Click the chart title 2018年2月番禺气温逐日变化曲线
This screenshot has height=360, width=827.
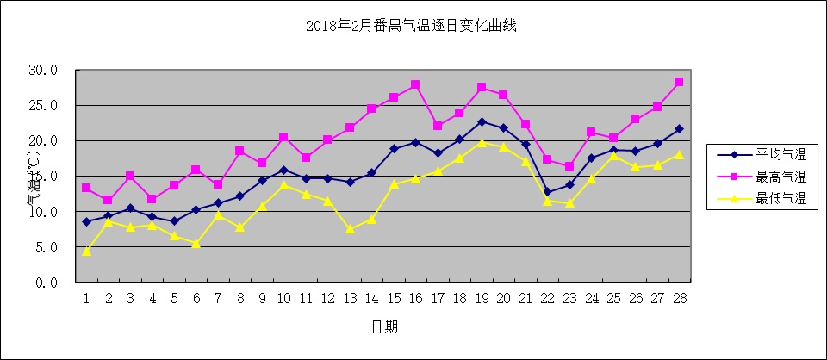[x=412, y=26]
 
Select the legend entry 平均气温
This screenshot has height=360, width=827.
[x=780, y=155]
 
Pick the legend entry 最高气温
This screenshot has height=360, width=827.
[x=780, y=177]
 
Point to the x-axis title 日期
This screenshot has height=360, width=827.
[x=384, y=327]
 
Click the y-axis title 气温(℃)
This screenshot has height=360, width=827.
[x=32, y=178]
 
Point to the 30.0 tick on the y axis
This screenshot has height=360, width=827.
[x=43, y=70]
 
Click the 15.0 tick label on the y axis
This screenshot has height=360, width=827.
[x=43, y=176]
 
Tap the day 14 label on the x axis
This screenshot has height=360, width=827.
[x=371, y=298]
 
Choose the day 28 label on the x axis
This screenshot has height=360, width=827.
[x=679, y=298]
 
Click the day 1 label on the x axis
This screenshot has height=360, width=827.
[x=86, y=298]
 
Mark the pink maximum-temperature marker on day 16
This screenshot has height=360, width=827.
[x=415, y=84]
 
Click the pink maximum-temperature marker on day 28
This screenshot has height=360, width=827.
[x=679, y=82]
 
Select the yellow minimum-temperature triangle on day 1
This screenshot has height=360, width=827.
[x=86, y=251]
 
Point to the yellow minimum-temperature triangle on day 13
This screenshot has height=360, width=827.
[x=350, y=229]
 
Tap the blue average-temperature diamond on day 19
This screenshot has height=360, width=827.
[x=482, y=121]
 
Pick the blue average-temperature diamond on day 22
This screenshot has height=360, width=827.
[x=547, y=191]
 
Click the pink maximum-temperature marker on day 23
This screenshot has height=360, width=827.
[x=569, y=166]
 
